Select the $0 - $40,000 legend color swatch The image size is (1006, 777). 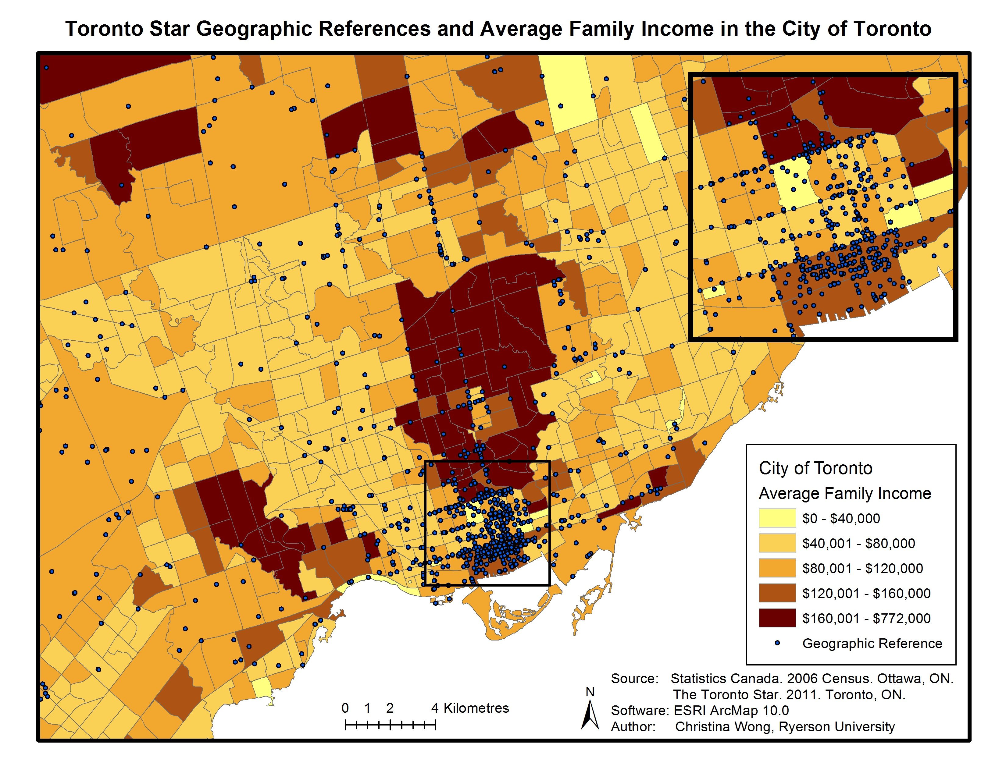777,518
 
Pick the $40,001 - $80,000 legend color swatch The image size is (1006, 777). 777,543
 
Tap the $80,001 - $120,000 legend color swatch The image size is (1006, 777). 777,568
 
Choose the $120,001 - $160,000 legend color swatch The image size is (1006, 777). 777,593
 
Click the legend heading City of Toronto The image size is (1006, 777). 815,468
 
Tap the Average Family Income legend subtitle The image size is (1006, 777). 845,493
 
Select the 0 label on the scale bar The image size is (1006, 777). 345,708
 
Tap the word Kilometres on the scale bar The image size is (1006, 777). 476,708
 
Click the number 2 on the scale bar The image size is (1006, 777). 390,708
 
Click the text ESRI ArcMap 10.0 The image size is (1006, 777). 731,710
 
